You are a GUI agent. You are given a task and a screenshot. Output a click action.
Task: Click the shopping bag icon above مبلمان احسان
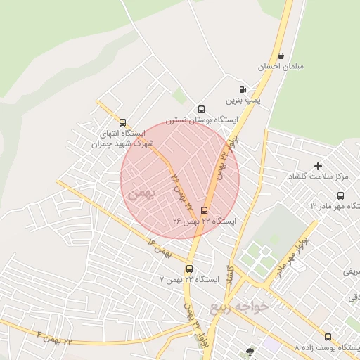tap(281, 56)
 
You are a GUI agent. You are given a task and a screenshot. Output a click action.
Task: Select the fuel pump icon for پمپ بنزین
tap(243, 89)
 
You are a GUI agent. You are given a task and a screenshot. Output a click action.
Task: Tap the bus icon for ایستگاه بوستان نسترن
tap(202, 109)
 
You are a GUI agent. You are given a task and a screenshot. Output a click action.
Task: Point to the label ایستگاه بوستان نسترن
tap(202, 120)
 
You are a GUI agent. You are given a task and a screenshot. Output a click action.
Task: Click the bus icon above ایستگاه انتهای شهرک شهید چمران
tap(123, 122)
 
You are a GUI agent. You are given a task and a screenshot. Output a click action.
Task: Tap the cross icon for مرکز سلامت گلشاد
tap(318, 166)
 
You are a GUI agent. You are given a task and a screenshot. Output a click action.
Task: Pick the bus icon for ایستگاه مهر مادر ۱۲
tap(341, 195)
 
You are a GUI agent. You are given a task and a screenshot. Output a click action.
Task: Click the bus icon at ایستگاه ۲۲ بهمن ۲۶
tap(205, 210)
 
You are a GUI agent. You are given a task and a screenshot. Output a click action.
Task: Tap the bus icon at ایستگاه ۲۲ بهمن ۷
tap(188, 269)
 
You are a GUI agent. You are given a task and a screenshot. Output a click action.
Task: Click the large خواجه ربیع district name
tap(240, 307)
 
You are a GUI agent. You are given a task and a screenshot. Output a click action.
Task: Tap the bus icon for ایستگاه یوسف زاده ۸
tap(328, 337)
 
